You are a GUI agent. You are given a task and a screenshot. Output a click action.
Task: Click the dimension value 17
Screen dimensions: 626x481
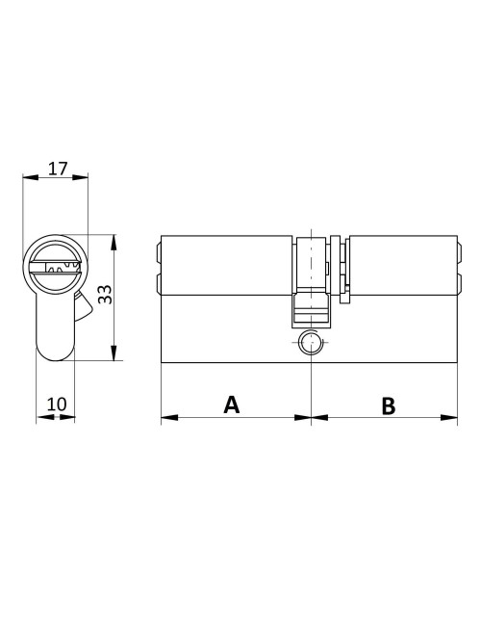[57, 169]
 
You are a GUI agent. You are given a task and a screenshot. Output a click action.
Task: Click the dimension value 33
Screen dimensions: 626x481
[106, 296]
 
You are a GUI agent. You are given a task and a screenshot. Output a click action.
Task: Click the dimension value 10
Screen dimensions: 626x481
[57, 404]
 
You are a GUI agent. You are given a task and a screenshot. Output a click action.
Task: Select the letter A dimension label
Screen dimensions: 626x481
[231, 404]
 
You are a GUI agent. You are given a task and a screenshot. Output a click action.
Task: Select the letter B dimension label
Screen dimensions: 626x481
[388, 405]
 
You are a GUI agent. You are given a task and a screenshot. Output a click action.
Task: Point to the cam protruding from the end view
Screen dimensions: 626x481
[84, 305]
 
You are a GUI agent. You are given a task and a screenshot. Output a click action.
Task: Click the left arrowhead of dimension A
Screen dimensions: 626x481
[166, 418]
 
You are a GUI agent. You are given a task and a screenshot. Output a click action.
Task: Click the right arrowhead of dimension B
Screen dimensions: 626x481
[450, 418]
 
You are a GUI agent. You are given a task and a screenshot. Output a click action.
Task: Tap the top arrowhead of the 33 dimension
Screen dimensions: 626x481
[114, 239]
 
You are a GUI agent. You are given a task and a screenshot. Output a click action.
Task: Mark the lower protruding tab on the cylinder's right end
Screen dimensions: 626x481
[455, 283]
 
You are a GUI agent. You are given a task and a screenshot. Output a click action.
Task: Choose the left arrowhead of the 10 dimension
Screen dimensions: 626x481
[41, 418]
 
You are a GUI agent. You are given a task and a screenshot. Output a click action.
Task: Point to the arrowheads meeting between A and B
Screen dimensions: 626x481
[311, 418]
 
